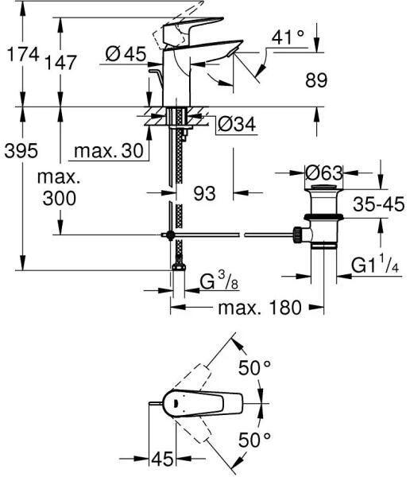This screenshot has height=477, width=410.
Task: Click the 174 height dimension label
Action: [x=23, y=54]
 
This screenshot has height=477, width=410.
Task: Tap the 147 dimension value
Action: [x=61, y=63]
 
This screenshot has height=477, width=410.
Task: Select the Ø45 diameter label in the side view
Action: [x=126, y=54]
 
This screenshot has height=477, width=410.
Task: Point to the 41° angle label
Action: [x=288, y=37]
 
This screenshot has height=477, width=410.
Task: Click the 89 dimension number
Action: [x=316, y=80]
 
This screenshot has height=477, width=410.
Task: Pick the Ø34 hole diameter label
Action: [x=237, y=124]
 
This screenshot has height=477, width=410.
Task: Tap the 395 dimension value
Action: [x=21, y=150]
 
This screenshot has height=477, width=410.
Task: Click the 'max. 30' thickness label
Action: [x=109, y=150]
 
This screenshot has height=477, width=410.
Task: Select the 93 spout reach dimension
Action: [x=205, y=193]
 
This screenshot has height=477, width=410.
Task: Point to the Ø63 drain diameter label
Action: [x=324, y=173]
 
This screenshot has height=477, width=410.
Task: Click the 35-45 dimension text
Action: [x=379, y=204]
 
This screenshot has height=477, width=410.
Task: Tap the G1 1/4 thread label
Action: [x=375, y=265]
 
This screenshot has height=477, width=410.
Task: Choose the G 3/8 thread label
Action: [x=219, y=281]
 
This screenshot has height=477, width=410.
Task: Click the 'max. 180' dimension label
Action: [x=260, y=308]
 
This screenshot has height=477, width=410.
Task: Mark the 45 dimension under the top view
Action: [x=162, y=459]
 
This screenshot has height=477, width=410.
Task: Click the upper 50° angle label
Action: [x=254, y=368]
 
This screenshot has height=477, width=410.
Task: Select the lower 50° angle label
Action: [x=254, y=440]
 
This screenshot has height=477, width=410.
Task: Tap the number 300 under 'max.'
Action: [x=60, y=198]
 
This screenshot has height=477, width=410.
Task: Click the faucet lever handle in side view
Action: [x=193, y=27]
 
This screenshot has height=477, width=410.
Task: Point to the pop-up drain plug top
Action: [x=324, y=186]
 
